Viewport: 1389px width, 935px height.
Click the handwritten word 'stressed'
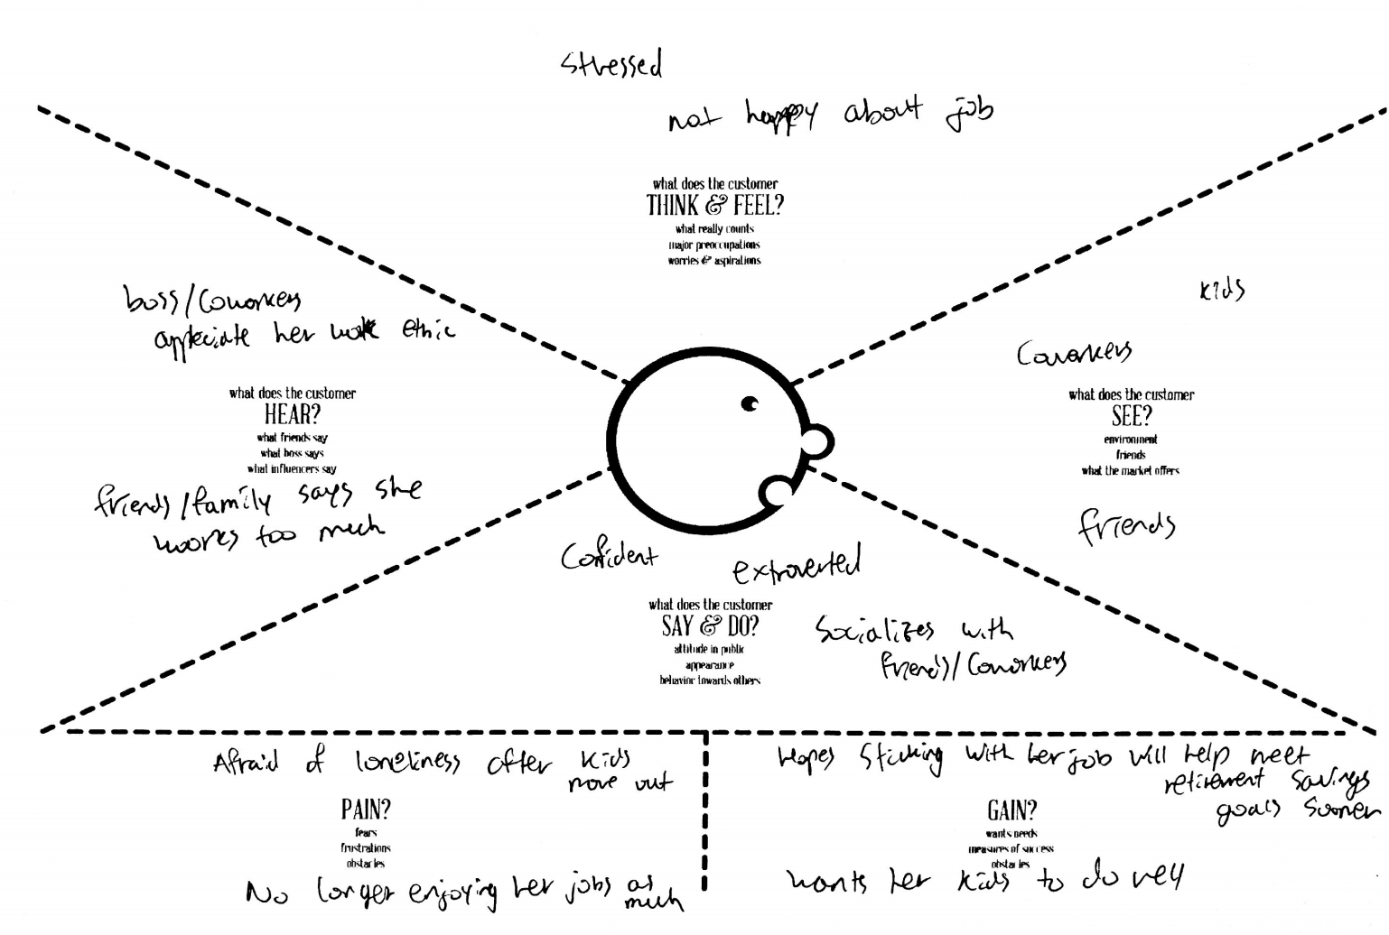click(x=611, y=65)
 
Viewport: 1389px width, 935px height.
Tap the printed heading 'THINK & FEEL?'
click(x=714, y=206)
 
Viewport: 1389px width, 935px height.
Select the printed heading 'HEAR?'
click(x=292, y=415)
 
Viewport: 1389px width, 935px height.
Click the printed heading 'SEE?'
click(x=1131, y=416)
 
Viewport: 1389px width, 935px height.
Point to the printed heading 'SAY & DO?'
click(x=710, y=625)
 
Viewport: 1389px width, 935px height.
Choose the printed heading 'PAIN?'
click(x=366, y=810)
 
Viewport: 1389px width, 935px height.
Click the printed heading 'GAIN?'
click(x=1011, y=810)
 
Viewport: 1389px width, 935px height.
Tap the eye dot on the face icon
click(x=750, y=403)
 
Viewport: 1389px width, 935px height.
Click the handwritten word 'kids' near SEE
click(x=1222, y=291)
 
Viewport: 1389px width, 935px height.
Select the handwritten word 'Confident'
click(x=609, y=556)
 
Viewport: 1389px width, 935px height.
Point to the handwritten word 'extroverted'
click(x=797, y=565)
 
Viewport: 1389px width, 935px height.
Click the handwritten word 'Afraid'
click(x=245, y=764)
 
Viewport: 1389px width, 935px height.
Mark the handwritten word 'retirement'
click(x=1215, y=781)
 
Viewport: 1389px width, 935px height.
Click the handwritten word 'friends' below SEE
click(x=1127, y=525)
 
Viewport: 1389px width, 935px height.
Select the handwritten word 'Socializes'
click(x=875, y=629)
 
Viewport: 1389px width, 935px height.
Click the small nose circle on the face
click(x=816, y=441)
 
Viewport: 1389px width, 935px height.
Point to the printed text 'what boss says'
click(x=292, y=453)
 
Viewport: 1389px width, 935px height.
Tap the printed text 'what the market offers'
click(x=1131, y=470)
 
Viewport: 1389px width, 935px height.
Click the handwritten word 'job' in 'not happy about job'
click(x=969, y=112)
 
